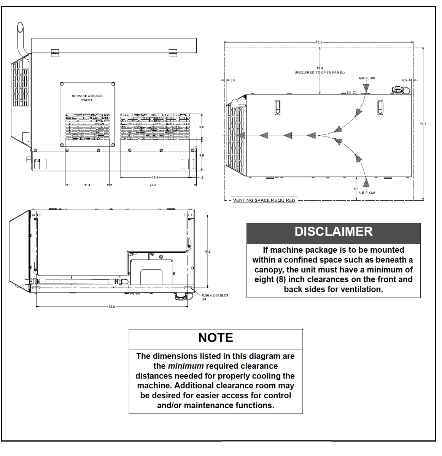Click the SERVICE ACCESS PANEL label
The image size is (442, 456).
click(x=87, y=98)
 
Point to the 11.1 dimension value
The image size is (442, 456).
click(x=87, y=185)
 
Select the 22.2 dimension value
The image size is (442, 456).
click(x=153, y=185)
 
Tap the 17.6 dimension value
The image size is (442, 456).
click(x=155, y=177)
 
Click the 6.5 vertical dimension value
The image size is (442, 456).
click(x=202, y=127)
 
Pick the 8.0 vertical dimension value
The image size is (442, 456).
click(x=202, y=155)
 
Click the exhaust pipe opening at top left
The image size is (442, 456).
click(x=20, y=28)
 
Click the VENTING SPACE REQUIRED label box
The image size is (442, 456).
click(x=264, y=200)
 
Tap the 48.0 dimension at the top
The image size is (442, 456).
click(x=319, y=42)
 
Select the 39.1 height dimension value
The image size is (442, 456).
click(x=423, y=124)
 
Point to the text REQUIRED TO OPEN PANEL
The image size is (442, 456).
click(x=320, y=72)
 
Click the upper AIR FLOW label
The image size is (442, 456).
click(x=367, y=78)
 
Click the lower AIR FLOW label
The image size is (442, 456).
click(x=367, y=193)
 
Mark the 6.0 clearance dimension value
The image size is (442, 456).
click(x=356, y=189)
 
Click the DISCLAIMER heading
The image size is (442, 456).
click(x=334, y=232)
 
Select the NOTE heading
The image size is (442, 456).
click(x=216, y=338)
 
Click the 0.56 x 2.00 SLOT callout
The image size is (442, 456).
click(x=215, y=295)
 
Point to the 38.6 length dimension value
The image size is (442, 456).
click(x=111, y=307)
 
